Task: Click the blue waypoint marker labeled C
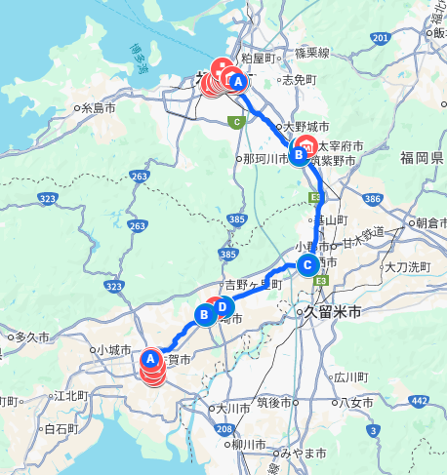click(306, 264)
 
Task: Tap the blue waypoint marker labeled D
click(223, 308)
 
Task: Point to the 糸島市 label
click(100, 108)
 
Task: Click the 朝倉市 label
click(432, 222)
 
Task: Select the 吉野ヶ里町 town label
click(253, 285)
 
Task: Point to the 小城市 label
click(114, 349)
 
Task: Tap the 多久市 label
click(32, 336)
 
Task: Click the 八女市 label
click(353, 402)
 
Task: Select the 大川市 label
click(234, 409)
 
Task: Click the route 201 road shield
click(379, 37)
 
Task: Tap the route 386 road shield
click(371, 199)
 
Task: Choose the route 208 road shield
click(223, 430)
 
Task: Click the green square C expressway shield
click(235, 122)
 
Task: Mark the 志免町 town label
click(300, 80)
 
